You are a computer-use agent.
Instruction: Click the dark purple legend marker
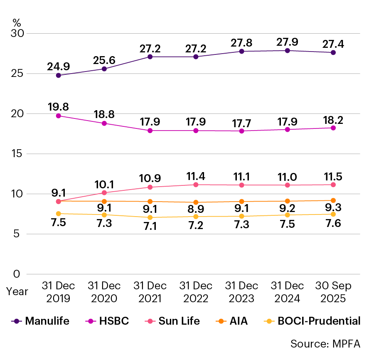pyautogui.click(x=17, y=321)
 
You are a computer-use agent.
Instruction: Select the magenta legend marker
pyautogui.click(x=91, y=321)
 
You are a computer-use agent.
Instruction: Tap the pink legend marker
pyautogui.click(x=150, y=321)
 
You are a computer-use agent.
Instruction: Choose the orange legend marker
pyautogui.click(x=221, y=321)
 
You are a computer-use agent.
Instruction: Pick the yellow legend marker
pyautogui.click(x=269, y=321)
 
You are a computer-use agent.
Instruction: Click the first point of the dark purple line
pyautogui.click(x=59, y=75)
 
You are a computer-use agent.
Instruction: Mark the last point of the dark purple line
pyautogui.click(x=333, y=53)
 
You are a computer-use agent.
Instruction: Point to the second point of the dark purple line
pyautogui.click(x=104, y=69)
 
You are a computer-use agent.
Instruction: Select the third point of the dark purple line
pyautogui.click(x=150, y=57)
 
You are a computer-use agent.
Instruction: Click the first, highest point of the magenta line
pyautogui.click(x=59, y=116)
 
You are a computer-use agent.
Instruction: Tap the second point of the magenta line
pyautogui.click(x=104, y=123)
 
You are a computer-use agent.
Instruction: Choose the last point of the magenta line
pyautogui.click(x=333, y=128)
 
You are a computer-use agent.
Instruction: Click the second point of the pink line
pyautogui.click(x=104, y=192)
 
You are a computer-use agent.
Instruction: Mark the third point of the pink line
pyautogui.click(x=150, y=187)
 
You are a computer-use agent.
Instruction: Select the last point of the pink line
pyautogui.click(x=333, y=185)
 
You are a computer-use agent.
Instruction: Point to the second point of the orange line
pyautogui.click(x=104, y=201)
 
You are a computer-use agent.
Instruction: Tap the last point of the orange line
pyautogui.click(x=333, y=200)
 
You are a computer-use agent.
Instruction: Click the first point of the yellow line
pyautogui.click(x=59, y=214)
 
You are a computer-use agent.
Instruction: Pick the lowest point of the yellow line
pyautogui.click(x=150, y=217)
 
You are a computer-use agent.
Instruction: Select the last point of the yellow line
pyautogui.click(x=333, y=214)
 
